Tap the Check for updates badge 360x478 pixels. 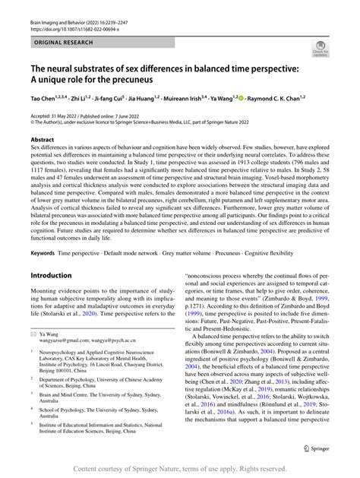point(319,51)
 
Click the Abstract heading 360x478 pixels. point(42,140)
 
